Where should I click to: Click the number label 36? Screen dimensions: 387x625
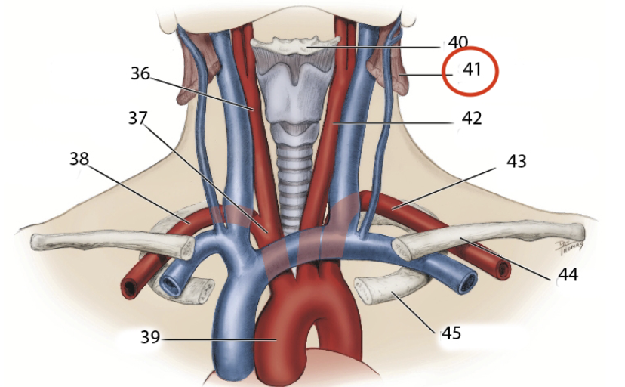pyautogui.click(x=140, y=74)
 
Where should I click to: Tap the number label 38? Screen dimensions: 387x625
pyautogui.click(x=79, y=159)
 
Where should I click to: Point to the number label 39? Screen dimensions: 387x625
pyautogui.click(x=150, y=337)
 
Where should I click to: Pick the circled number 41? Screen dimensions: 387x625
pyautogui.click(x=472, y=69)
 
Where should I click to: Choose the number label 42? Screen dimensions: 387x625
pyautogui.click(x=472, y=118)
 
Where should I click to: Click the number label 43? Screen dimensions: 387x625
pyautogui.click(x=517, y=161)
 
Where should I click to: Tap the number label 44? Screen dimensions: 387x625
pyautogui.click(x=567, y=275)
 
